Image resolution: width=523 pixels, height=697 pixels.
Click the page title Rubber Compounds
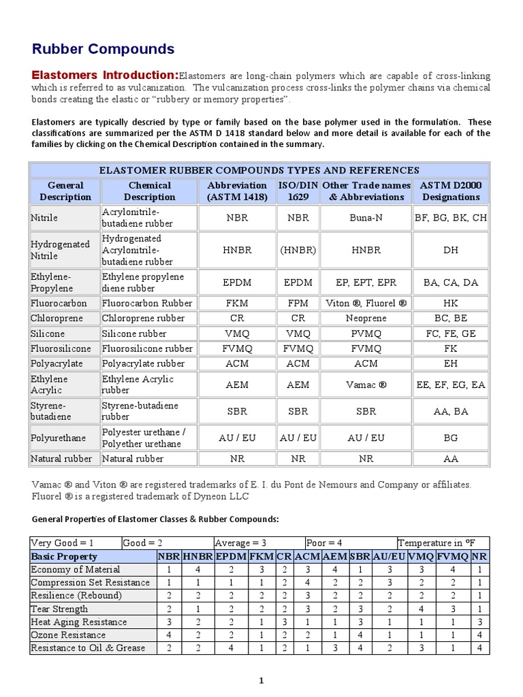(104, 49)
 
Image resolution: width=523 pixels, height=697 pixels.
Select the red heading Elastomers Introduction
(106, 75)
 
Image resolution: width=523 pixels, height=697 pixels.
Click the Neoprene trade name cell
(366, 319)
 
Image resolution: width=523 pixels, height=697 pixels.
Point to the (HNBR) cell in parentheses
(298, 250)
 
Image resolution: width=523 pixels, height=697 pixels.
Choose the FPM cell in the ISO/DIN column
(298, 303)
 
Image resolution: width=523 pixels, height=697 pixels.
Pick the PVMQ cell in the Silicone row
(366, 334)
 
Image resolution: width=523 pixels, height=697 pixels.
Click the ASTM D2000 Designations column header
(451, 191)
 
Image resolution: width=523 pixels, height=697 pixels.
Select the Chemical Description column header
(149, 191)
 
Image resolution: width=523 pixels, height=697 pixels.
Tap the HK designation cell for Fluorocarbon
(451, 303)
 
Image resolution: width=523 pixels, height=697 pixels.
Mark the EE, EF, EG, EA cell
(451, 385)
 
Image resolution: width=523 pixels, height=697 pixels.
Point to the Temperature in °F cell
(442, 543)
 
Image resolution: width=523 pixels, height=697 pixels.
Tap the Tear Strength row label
(60, 609)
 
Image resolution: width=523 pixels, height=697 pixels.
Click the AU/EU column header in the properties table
(389, 556)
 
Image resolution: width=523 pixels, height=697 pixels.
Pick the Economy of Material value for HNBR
(197, 569)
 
